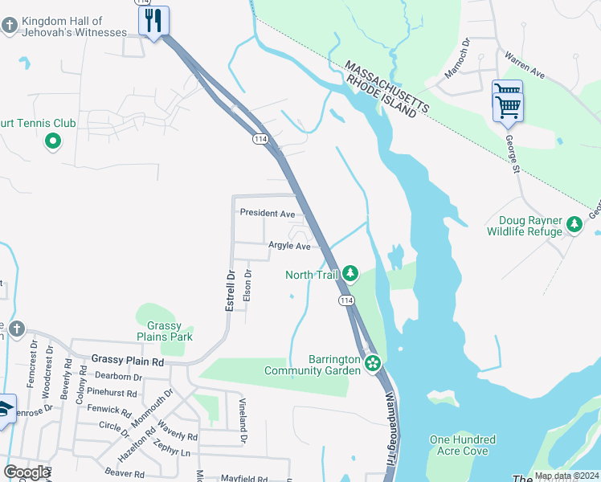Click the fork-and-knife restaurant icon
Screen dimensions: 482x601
[x=153, y=21]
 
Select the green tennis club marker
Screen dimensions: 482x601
[x=53, y=142]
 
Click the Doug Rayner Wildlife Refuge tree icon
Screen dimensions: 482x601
[x=574, y=225]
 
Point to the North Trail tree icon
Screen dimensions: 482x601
[x=350, y=274]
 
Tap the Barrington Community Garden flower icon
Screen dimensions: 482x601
[x=372, y=364]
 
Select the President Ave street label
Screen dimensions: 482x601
[x=268, y=214]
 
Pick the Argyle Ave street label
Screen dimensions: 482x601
[x=289, y=246]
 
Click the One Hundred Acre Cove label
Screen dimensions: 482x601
[x=462, y=446]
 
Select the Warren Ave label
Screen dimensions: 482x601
[x=525, y=66]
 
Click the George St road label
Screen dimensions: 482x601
[x=511, y=153]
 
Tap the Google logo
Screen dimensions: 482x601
[x=27, y=472]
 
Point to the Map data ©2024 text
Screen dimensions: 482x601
[x=566, y=476]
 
